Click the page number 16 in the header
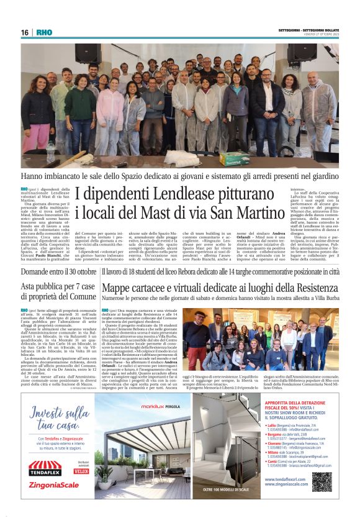click(x=25, y=32)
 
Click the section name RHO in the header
click(x=44, y=32)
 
